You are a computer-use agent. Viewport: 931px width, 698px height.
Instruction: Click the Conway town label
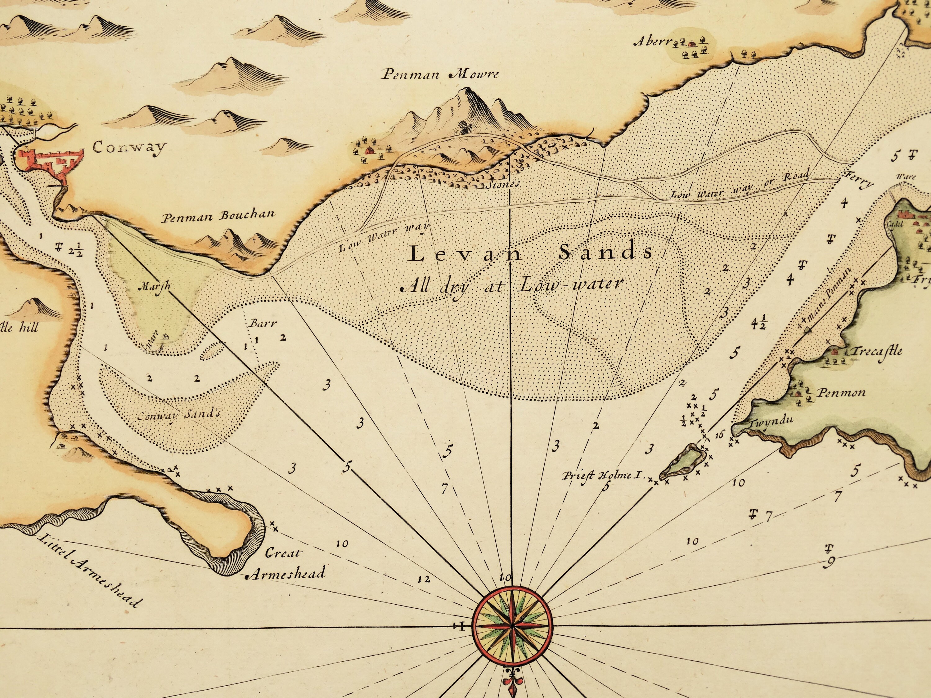[129, 148]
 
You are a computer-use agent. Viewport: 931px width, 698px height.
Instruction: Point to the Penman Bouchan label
[219, 216]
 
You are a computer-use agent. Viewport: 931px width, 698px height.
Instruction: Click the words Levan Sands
[531, 253]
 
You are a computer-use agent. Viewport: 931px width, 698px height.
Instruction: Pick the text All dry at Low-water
[510, 286]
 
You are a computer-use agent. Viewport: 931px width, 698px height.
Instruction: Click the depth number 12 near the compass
[424, 580]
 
